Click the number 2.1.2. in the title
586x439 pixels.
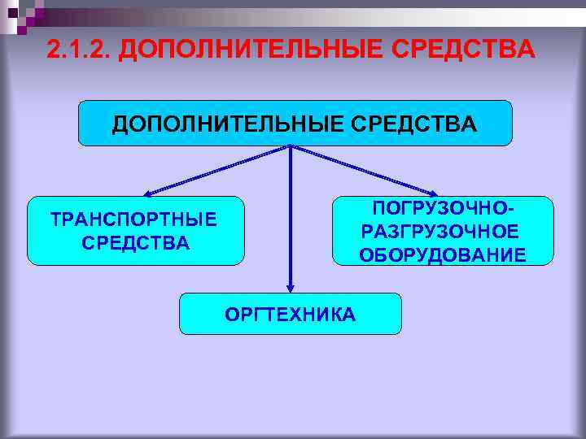(x=78, y=50)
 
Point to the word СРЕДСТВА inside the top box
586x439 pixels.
(x=419, y=124)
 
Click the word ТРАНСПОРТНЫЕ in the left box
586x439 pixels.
(x=134, y=219)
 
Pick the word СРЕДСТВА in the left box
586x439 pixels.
(x=135, y=242)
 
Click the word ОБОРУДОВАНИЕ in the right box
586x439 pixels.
(x=442, y=254)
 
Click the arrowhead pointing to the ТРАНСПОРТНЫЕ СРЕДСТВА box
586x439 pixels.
(x=150, y=193)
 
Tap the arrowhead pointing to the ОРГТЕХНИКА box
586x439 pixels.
(x=291, y=286)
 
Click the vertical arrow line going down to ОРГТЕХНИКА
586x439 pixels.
(x=291, y=219)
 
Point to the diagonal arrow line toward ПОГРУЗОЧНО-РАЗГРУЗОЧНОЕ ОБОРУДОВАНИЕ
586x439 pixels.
(x=362, y=170)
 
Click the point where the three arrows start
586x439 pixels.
(x=291, y=147)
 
